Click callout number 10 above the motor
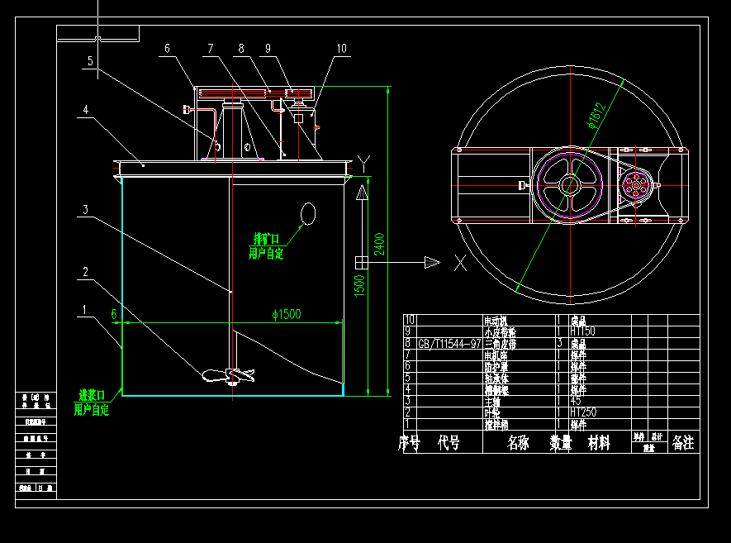(341, 49)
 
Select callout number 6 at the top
(167, 49)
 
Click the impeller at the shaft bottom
(228, 375)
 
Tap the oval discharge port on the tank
(308, 214)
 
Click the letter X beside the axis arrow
(460, 263)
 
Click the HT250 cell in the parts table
(582, 412)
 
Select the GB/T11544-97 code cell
(449, 342)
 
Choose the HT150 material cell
(582, 331)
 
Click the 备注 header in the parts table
(683, 443)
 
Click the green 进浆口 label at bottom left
(91, 395)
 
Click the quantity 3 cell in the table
(561, 342)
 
